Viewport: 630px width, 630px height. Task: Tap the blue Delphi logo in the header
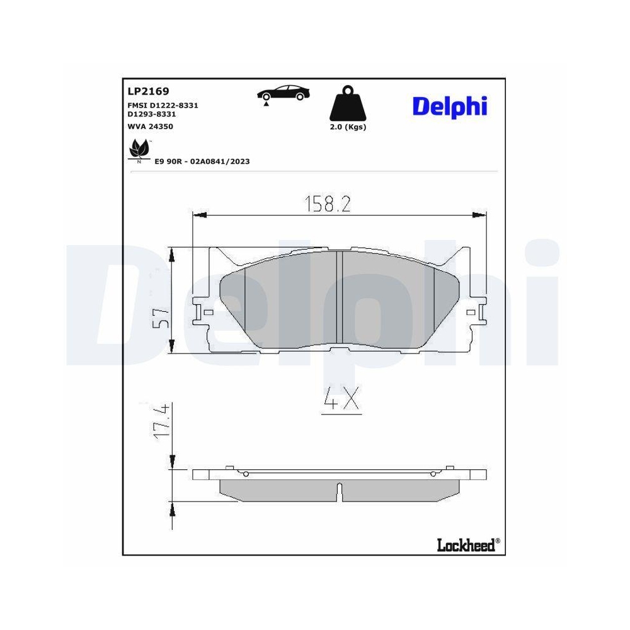coord(450,105)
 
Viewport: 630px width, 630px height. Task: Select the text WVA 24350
coord(150,127)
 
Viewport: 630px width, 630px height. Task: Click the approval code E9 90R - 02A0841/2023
coord(202,161)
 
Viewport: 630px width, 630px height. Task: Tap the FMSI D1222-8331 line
coord(163,105)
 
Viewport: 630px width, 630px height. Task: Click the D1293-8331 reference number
coord(151,114)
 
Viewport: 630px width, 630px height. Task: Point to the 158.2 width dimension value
coord(328,204)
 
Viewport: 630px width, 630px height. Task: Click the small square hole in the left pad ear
coord(209,312)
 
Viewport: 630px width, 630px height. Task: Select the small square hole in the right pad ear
coord(471,312)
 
